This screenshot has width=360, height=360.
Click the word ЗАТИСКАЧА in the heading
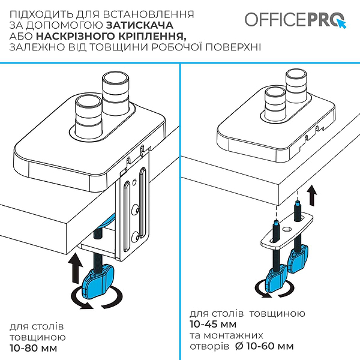pos(140,25)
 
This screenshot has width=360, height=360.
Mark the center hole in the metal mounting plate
pos(286,229)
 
